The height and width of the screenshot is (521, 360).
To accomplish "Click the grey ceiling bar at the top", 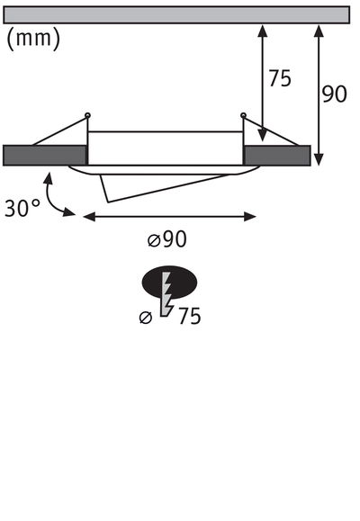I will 177,14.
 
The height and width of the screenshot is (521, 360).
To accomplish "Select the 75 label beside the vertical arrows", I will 279,79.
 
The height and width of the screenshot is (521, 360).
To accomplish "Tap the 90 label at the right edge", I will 334,94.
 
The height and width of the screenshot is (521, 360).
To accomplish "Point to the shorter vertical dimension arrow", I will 262,83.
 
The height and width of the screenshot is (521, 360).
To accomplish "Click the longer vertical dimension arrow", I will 318,94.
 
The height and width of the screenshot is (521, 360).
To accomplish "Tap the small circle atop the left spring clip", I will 87,114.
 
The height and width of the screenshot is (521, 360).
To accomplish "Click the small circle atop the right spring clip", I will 243,114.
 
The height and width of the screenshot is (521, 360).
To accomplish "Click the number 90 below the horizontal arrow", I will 175,239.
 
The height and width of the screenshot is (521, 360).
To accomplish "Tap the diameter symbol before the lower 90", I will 153,240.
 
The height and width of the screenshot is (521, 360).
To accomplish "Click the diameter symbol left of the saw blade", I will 147,317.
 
